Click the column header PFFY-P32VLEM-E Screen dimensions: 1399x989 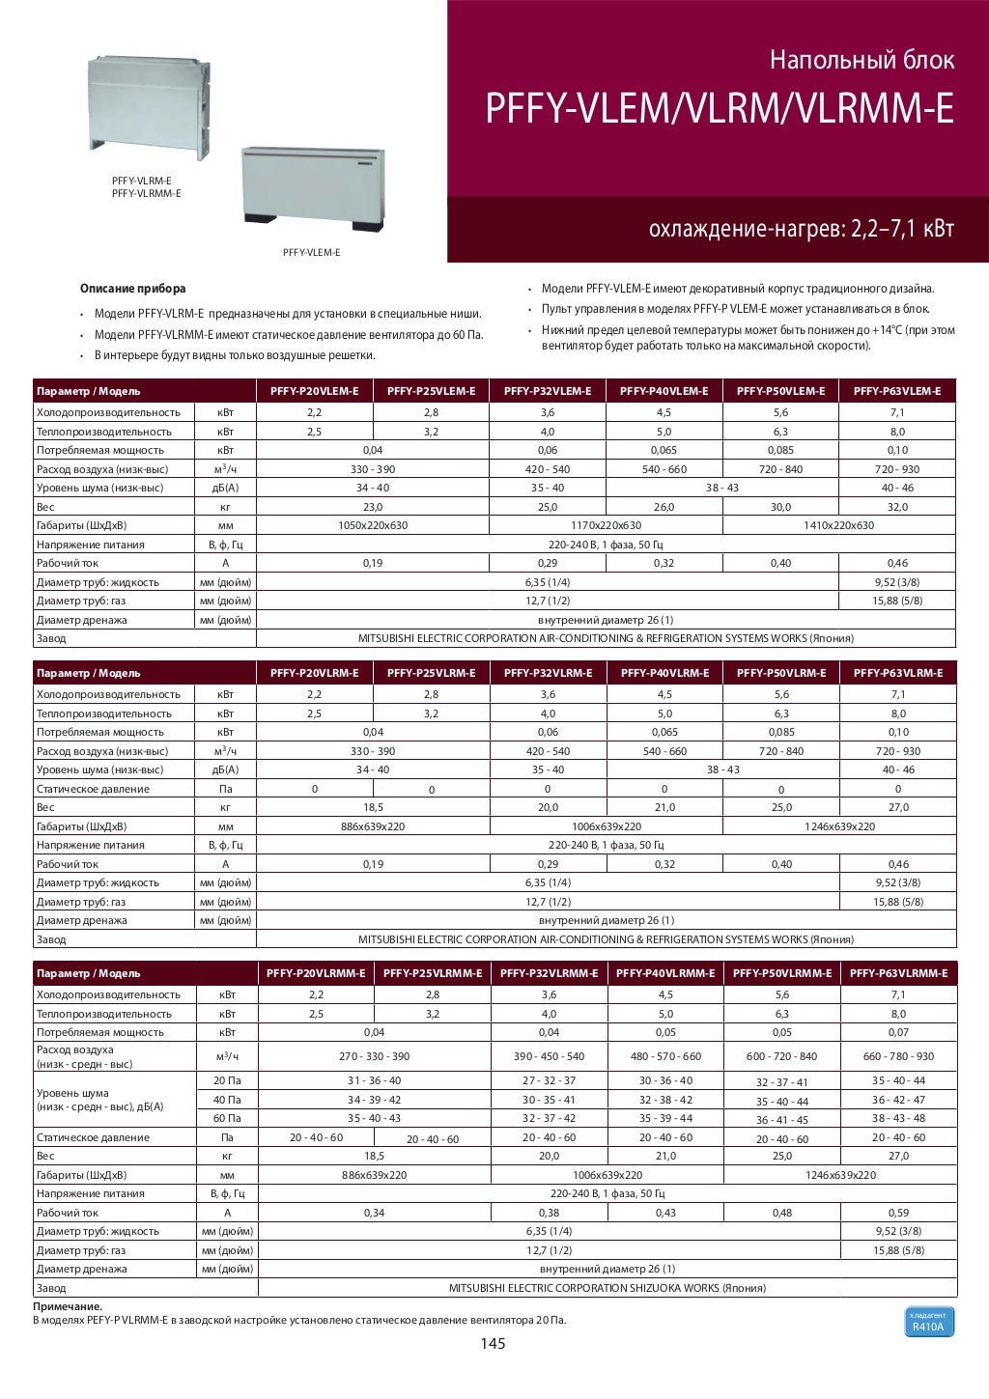click(548, 391)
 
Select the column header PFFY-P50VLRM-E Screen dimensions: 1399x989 click(780, 673)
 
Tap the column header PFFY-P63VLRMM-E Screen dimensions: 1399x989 click(898, 973)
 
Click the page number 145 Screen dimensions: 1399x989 click(493, 1344)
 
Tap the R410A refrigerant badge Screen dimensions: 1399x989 click(927, 1323)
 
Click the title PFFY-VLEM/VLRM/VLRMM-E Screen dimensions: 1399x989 click(719, 110)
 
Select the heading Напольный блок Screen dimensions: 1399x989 click(862, 61)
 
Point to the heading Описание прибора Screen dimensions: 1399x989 click(132, 289)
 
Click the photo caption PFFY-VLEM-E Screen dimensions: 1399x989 click(311, 252)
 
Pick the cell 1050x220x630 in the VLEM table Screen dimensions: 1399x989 click(373, 525)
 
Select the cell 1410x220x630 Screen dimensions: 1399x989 click(838, 525)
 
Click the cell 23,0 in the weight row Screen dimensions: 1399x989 click(373, 507)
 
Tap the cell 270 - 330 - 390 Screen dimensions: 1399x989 click(374, 1056)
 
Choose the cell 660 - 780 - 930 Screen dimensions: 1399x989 click(898, 1056)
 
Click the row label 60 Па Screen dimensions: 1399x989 click(227, 1118)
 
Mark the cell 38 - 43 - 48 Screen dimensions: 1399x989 click(898, 1118)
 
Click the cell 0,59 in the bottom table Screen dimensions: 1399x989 click(898, 1213)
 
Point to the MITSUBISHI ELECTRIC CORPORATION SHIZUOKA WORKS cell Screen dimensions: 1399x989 click(607, 1288)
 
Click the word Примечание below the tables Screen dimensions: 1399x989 click(68, 1306)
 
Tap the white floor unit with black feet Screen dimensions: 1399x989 click(313, 188)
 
